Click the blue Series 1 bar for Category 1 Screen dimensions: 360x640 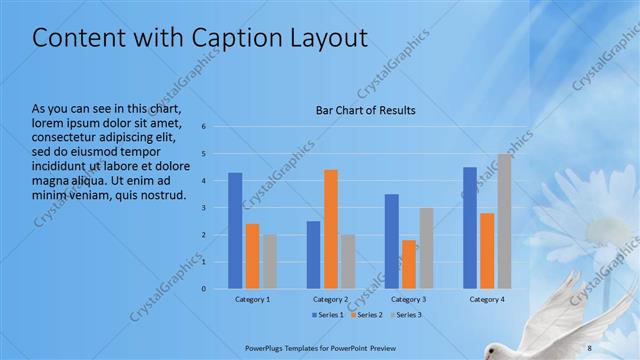235,231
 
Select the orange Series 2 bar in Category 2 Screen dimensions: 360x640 331,229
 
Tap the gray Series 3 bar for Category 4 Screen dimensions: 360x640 504,221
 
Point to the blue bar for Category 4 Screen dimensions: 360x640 470,228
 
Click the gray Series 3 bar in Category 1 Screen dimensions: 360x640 269,262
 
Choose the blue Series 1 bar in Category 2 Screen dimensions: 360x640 314,255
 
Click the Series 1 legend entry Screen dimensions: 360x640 328,315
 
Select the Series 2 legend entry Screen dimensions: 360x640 366,315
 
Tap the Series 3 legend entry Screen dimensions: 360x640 405,315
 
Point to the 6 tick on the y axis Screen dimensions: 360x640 203,127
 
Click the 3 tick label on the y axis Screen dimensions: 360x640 203,208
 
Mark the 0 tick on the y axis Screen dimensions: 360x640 203,289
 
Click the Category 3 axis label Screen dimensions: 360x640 408,299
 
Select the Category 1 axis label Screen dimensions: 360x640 252,299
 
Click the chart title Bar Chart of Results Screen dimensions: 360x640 365,110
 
